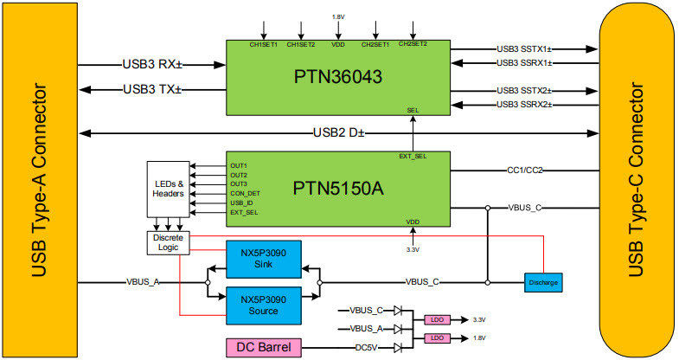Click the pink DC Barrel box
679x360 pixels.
pos(265,348)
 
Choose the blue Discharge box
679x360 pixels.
pos(542,282)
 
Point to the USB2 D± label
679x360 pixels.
pos(338,133)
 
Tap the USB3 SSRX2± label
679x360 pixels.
pos(525,105)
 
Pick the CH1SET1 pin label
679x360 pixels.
pos(264,44)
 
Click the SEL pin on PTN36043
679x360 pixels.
pos(413,111)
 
